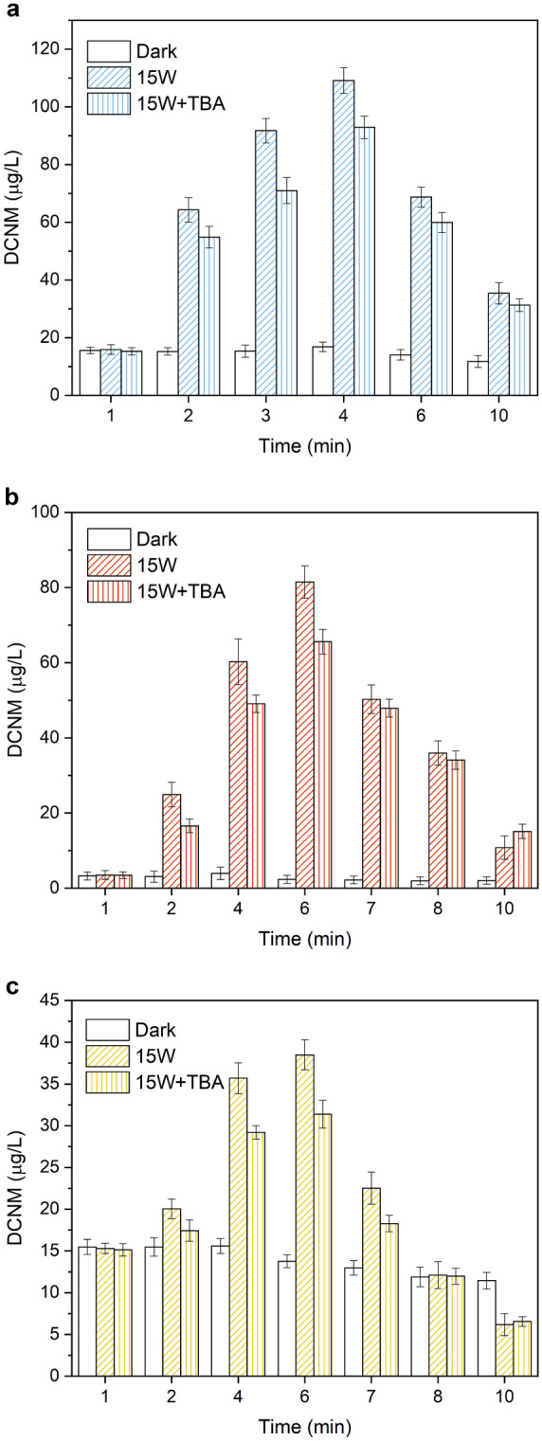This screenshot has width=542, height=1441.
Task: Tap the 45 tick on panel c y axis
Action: [x=59, y=1000]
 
